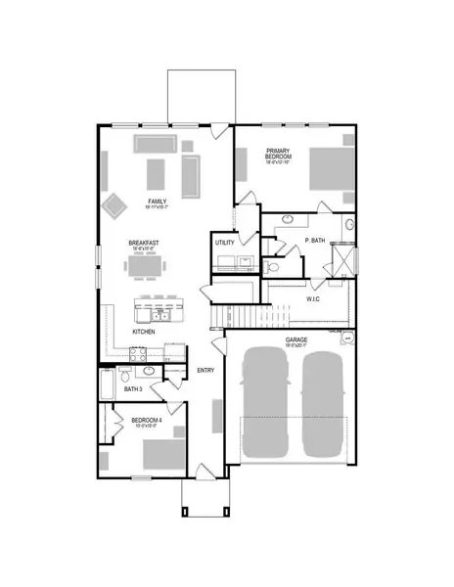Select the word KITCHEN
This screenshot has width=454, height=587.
pos(144,332)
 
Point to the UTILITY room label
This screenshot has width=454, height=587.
pos(223,241)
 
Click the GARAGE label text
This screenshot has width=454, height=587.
pos(296,339)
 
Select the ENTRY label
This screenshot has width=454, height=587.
pos(205,370)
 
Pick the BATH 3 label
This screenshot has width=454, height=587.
pos(134,389)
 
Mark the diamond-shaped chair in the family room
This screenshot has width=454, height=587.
pos(114,204)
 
